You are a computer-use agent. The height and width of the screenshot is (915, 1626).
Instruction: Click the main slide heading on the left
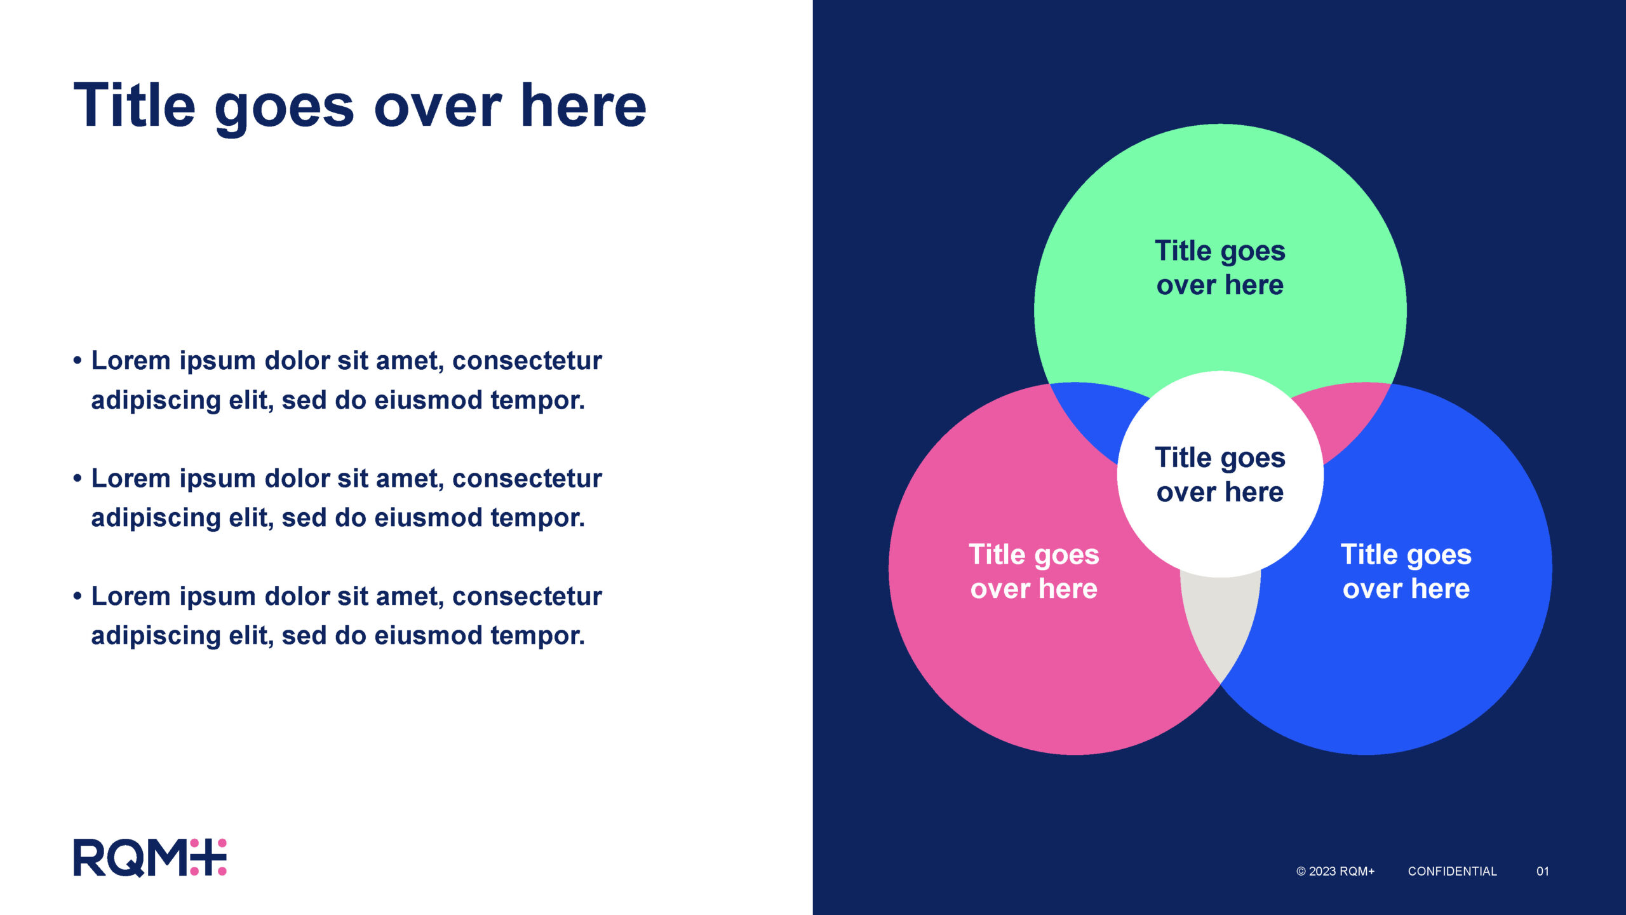[x=359, y=107]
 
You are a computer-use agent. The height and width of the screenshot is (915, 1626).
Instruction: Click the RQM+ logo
[x=150, y=858]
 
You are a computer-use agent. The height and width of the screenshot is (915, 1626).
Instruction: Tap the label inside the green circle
[x=1220, y=268]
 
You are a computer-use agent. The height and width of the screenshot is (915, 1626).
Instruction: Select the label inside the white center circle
[x=1220, y=475]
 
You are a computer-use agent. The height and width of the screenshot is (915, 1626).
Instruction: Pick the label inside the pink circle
[x=1034, y=571]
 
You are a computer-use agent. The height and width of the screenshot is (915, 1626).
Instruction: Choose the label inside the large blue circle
[x=1406, y=571]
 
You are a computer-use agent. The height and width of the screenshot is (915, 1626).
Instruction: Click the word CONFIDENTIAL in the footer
[x=1452, y=871]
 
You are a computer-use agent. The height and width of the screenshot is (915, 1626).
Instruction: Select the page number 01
[x=1543, y=871]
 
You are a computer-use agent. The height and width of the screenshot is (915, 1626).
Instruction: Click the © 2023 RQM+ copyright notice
[x=1335, y=871]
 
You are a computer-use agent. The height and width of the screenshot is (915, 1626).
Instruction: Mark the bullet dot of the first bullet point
[x=77, y=361]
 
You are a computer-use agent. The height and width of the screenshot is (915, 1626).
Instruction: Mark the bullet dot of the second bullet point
[x=77, y=478]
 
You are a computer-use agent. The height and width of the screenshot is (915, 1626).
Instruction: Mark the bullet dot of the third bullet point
[x=77, y=597]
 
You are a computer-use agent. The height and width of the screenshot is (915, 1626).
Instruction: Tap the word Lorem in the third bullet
[x=131, y=596]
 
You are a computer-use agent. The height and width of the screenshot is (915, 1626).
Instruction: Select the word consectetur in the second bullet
[x=527, y=478]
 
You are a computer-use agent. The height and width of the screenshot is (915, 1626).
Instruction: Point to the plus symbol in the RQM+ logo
[x=208, y=858]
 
